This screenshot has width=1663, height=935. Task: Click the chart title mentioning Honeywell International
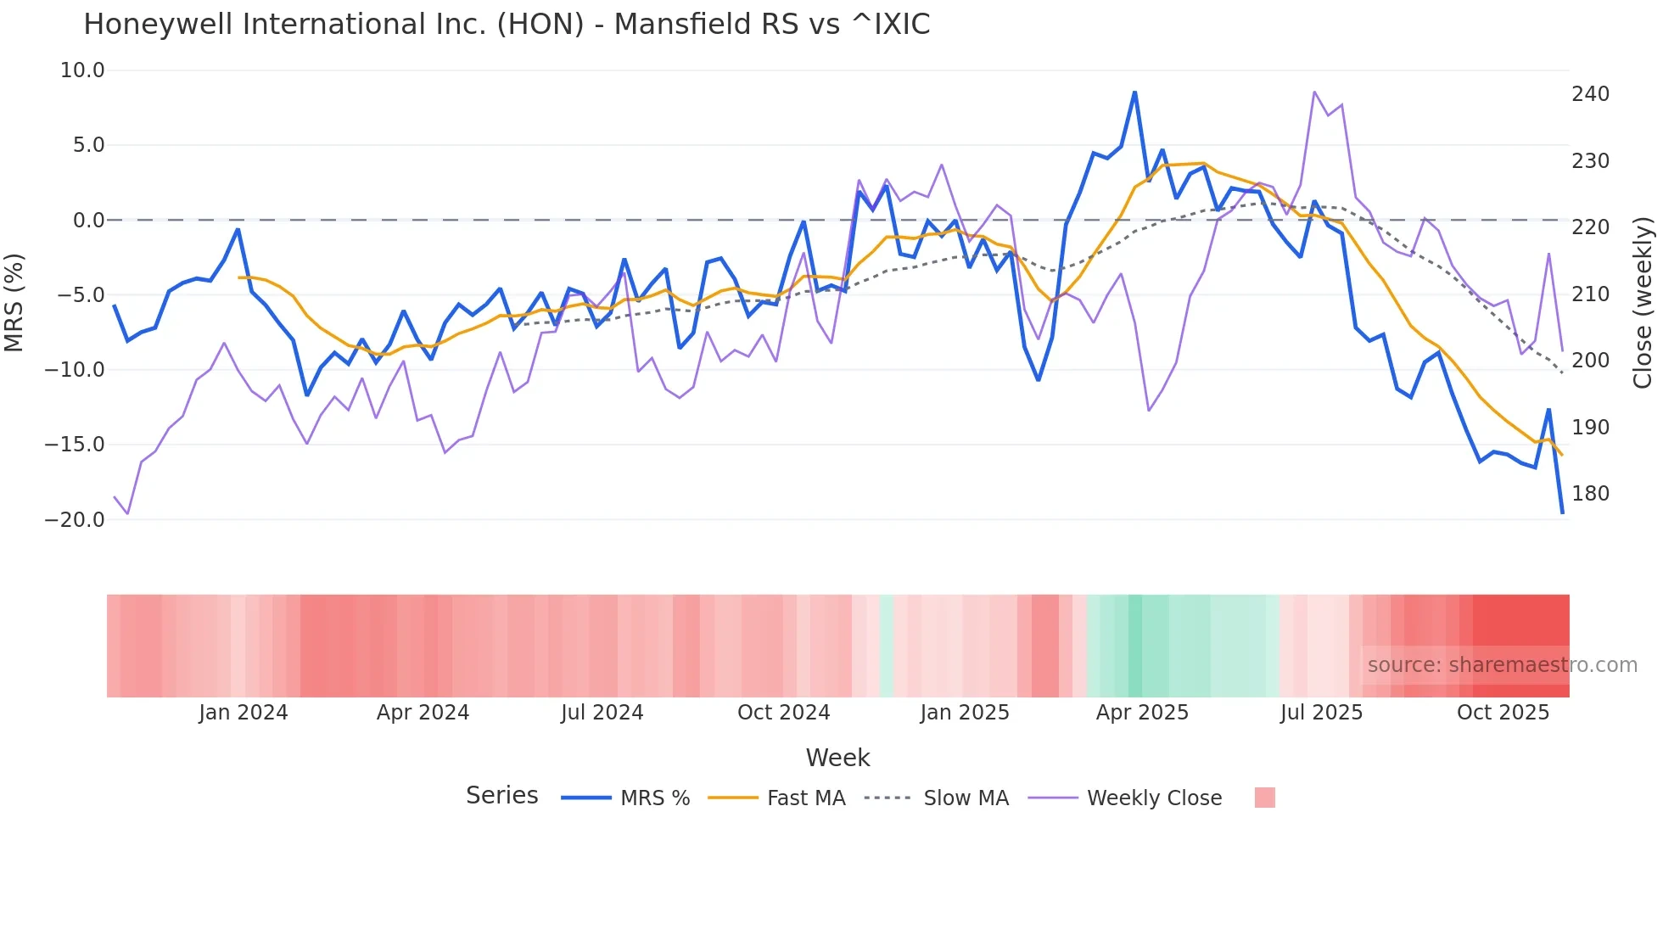[x=507, y=24]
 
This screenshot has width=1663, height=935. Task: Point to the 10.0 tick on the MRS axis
[x=82, y=70]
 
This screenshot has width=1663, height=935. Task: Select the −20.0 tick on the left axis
[x=75, y=519]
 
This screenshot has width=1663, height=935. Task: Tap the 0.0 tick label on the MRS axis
[x=88, y=221]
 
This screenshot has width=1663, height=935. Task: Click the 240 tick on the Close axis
[x=1590, y=94]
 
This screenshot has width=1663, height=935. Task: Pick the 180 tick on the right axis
[x=1590, y=494]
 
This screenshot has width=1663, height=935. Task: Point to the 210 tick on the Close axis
[x=1590, y=294]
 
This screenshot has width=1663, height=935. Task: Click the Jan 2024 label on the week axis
[x=244, y=713]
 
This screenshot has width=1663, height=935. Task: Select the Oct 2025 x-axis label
[x=1503, y=713]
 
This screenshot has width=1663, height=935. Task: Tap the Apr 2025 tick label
[x=1142, y=713]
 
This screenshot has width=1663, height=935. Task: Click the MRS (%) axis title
[x=14, y=302]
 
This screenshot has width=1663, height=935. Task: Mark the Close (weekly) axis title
[x=1643, y=302]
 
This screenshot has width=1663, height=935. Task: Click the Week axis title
[x=837, y=758]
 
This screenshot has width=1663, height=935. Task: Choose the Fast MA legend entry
[x=805, y=798]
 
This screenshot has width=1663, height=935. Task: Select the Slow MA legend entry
[x=966, y=798]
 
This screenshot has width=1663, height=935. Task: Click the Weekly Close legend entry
[x=1154, y=798]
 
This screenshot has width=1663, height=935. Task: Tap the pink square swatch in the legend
[x=1264, y=798]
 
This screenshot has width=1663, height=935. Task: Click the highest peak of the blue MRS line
[x=1134, y=92]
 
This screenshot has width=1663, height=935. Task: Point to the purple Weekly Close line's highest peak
[x=1314, y=92]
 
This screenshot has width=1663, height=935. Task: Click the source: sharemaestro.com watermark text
[x=1502, y=665]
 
